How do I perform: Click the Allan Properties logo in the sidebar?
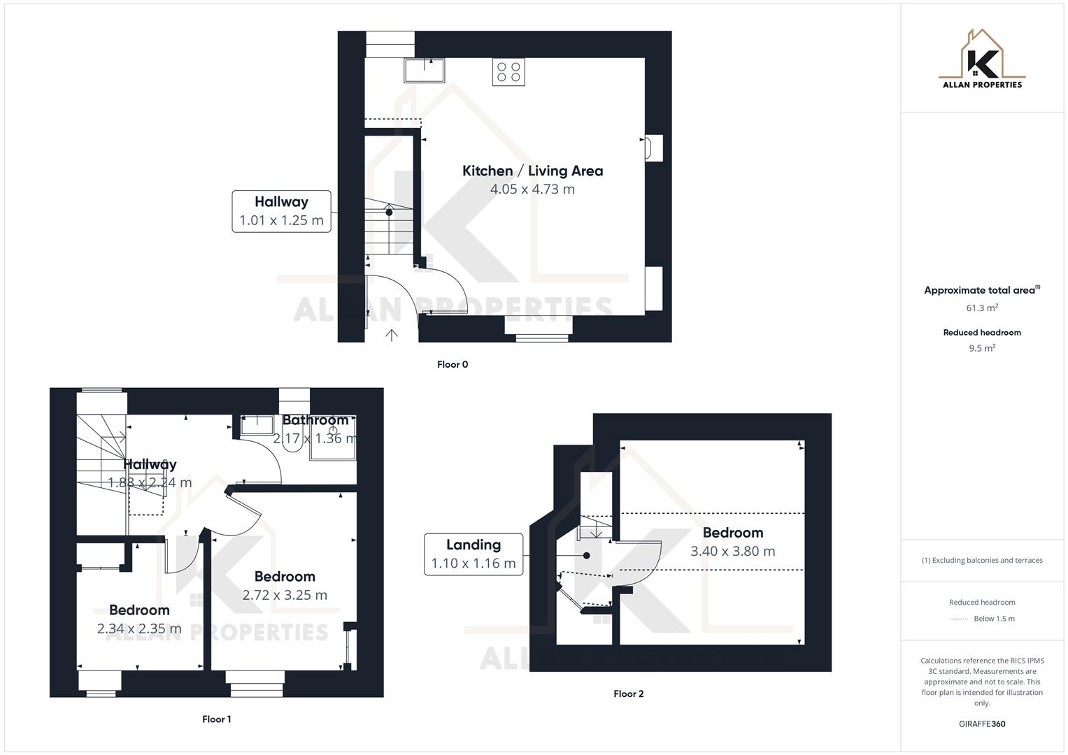(x=982, y=59)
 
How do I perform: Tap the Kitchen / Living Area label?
(x=532, y=171)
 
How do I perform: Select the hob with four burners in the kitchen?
(x=508, y=72)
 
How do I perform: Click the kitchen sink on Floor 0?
(x=424, y=70)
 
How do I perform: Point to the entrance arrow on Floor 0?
(x=392, y=335)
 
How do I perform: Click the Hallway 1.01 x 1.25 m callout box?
(x=281, y=211)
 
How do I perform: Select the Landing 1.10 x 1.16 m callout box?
(x=474, y=554)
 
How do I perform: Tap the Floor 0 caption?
(x=453, y=364)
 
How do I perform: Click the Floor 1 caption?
(x=216, y=719)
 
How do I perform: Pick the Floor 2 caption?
(x=628, y=693)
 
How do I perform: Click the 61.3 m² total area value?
(x=982, y=308)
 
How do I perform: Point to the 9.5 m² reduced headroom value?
(x=982, y=348)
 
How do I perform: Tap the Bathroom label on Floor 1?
(x=315, y=420)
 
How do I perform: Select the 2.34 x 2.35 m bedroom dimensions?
(x=139, y=628)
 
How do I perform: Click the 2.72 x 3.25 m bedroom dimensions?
(x=285, y=595)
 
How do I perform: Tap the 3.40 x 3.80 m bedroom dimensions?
(x=732, y=551)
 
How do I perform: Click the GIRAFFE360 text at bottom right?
(x=982, y=724)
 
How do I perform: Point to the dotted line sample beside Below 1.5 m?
(x=959, y=619)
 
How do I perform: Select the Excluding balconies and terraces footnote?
(x=982, y=560)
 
